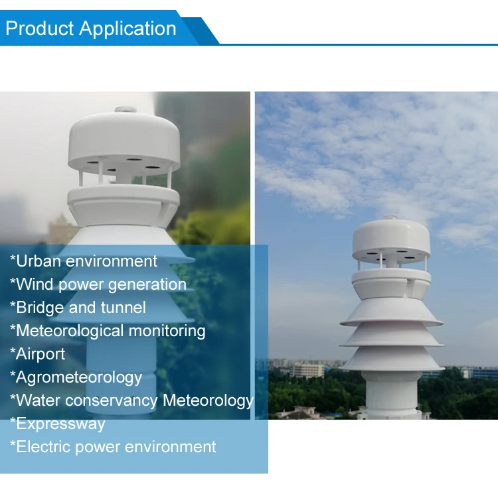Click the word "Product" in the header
40,29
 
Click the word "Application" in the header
127,29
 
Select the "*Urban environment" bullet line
84,261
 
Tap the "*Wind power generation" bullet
98,284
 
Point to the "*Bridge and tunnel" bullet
78,308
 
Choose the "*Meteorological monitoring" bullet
108,330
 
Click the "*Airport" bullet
37,353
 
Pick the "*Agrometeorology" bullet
76,377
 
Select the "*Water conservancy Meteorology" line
131,400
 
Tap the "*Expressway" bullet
57,424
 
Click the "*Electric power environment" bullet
113,447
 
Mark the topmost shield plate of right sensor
391,312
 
